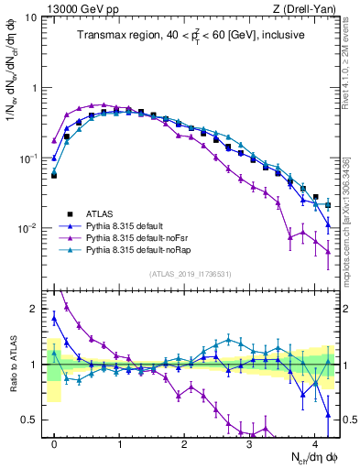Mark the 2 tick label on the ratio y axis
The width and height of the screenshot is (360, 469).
pos(34,309)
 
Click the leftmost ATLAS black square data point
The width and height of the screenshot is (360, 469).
pos(54,174)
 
